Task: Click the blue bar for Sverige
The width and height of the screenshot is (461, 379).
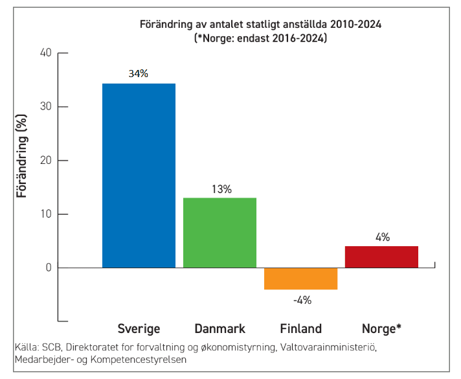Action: (139, 176)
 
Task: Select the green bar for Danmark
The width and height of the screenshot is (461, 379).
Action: (219, 233)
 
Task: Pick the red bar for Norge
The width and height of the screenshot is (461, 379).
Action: (381, 257)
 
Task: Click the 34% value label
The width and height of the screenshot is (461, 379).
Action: (138, 74)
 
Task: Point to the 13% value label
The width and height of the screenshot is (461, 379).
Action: (221, 189)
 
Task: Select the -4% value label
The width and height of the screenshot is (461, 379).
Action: (302, 300)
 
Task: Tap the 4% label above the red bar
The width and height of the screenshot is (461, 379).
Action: (382, 237)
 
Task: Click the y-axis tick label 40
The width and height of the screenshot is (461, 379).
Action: (45, 53)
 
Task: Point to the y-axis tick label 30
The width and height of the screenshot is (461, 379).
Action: (45, 107)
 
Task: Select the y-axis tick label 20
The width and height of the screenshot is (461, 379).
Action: (45, 161)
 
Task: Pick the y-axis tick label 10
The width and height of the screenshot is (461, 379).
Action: (45, 214)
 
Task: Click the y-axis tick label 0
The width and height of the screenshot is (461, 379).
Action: (49, 268)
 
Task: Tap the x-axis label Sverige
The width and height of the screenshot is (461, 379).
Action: (139, 328)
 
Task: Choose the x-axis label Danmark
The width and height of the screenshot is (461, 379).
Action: (219, 328)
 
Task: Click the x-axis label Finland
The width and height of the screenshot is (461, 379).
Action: (300, 328)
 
